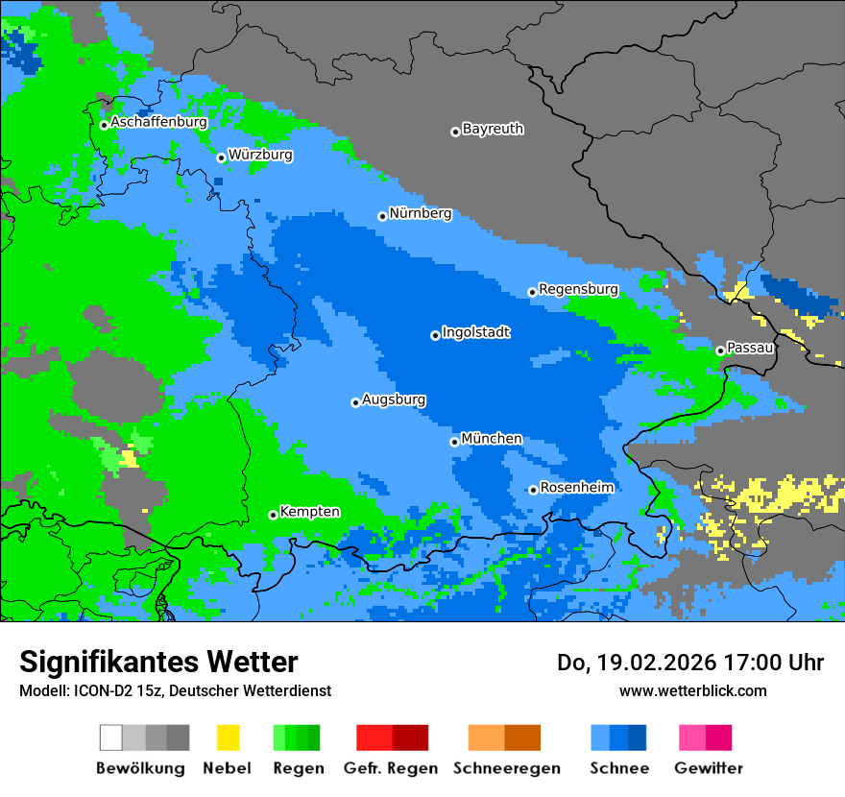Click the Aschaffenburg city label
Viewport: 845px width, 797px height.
point(158,123)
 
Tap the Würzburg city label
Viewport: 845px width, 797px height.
point(260,155)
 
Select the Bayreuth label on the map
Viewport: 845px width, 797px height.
point(493,129)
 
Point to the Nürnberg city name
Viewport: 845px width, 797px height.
point(420,214)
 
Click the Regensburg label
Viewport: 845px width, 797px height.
point(578,289)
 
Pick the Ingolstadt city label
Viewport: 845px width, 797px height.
point(475,333)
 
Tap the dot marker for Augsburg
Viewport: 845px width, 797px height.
point(355,402)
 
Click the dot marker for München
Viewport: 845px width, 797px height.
point(454,442)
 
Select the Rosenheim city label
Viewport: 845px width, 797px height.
point(576,488)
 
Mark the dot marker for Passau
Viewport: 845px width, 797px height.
point(720,350)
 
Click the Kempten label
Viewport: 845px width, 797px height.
point(309,512)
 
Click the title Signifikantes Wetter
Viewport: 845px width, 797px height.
point(158,663)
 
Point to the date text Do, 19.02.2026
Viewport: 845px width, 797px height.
point(631,663)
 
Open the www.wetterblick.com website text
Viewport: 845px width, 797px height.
point(692,690)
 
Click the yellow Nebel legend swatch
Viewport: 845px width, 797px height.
point(228,737)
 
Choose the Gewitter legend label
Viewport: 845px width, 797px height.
point(708,768)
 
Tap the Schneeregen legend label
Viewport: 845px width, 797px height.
point(506,768)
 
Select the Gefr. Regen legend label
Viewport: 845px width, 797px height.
point(391,768)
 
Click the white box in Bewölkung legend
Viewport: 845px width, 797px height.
point(111,737)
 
